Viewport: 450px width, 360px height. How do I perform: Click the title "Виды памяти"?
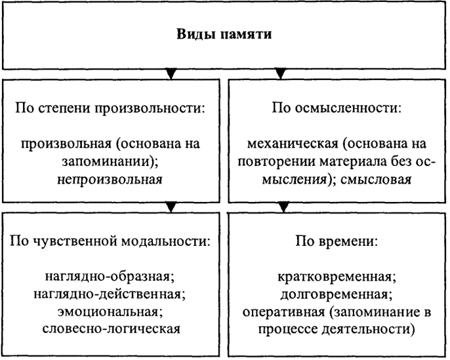click(x=224, y=34)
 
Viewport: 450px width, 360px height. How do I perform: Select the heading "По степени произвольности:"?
click(x=110, y=109)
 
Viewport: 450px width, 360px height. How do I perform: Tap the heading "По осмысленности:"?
click(x=337, y=109)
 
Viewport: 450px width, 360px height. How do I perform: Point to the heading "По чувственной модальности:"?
click(x=110, y=241)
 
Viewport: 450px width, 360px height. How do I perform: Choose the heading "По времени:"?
click(x=337, y=241)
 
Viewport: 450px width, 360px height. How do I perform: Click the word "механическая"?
click(x=293, y=144)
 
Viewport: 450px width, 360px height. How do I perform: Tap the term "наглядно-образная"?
click(x=110, y=277)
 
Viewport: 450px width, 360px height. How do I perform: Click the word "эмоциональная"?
click(x=108, y=312)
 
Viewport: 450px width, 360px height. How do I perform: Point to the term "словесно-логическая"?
click(x=112, y=329)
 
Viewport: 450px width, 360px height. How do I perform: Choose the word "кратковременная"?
click(x=335, y=277)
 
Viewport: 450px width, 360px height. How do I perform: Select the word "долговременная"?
click(x=334, y=295)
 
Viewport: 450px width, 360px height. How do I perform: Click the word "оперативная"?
click(x=283, y=312)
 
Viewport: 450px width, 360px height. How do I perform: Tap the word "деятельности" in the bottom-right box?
click(x=365, y=330)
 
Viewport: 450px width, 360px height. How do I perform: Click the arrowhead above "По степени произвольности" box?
click(x=171, y=74)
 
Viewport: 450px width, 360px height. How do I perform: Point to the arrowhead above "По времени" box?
click(x=283, y=207)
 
